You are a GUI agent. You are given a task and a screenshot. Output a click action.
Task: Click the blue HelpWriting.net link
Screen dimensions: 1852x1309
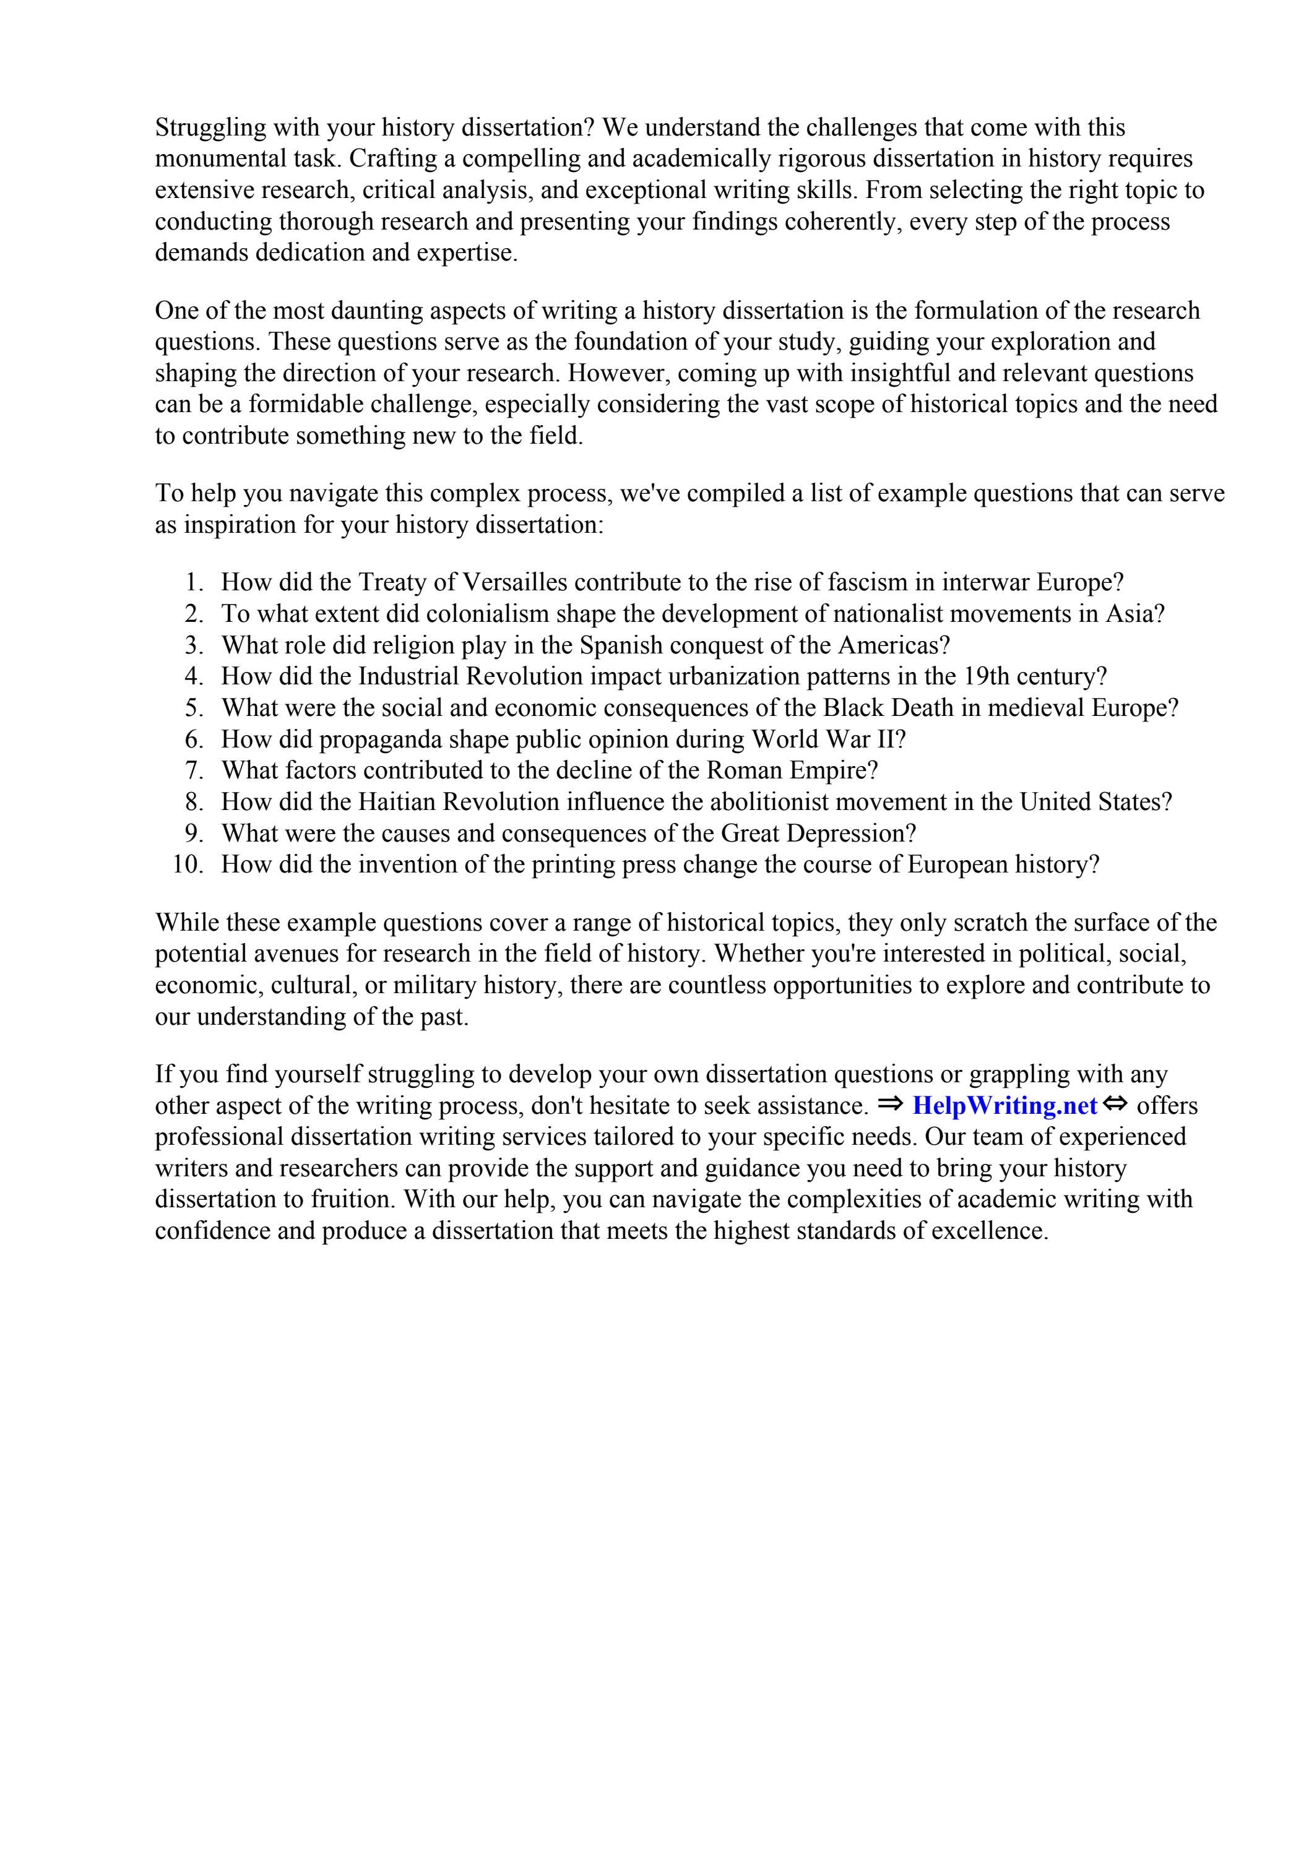click(x=1004, y=1105)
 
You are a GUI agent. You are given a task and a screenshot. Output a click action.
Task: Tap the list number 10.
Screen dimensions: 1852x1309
click(x=188, y=864)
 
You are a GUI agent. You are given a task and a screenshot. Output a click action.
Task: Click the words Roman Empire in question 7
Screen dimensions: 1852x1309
click(x=791, y=770)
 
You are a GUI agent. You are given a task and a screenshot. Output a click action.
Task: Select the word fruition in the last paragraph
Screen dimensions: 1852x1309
click(x=353, y=1199)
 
